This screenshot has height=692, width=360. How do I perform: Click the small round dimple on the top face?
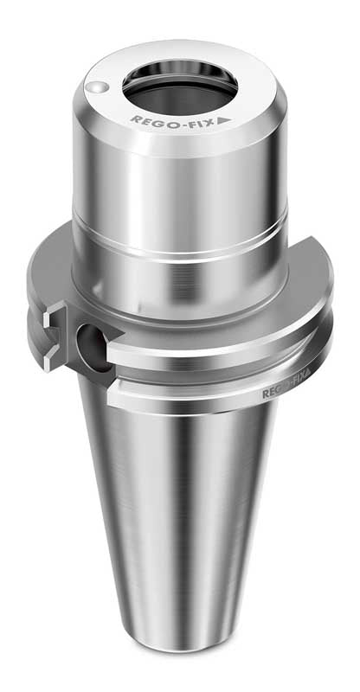point(98,87)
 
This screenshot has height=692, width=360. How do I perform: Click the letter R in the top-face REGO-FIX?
point(135,119)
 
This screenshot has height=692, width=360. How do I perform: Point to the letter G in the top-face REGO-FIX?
point(157,121)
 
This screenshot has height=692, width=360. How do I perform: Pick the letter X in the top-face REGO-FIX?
point(209,121)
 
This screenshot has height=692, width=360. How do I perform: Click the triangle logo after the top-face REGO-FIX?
point(224,120)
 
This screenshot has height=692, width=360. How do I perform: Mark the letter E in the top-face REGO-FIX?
point(145,120)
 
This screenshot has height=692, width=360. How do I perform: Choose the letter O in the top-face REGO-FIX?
point(169,122)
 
